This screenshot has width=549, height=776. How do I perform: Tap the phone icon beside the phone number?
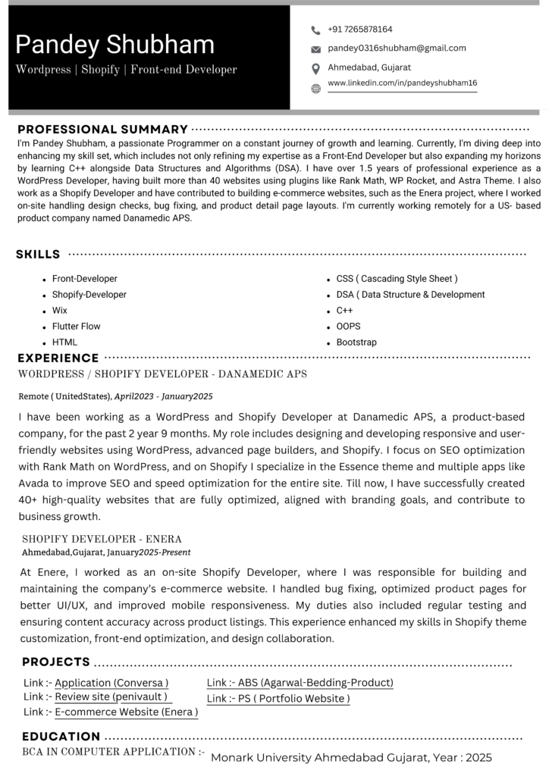coord(315,30)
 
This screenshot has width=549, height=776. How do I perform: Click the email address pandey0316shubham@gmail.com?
coord(397,48)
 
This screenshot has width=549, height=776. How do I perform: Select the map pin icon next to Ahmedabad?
coord(315,69)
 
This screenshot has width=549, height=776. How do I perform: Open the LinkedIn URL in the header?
coord(402,83)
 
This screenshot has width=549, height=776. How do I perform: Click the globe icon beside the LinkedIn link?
coord(315,89)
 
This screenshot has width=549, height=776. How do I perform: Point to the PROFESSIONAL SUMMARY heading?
coord(102,130)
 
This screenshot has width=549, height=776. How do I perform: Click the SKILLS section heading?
coord(38,255)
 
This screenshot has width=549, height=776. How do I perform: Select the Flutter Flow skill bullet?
coord(76,327)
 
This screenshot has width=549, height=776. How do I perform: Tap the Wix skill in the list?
coord(59,311)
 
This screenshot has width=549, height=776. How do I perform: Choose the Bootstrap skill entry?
coord(356,343)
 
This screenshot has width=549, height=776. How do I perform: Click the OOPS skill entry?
coord(348,327)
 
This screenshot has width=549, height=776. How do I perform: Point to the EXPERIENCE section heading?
coord(58,358)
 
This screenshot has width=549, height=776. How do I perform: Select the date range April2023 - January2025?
coord(163,396)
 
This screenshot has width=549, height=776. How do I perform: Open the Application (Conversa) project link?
coord(111,683)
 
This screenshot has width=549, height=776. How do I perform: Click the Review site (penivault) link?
coord(111,696)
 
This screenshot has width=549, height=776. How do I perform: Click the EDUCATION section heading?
coord(61,736)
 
